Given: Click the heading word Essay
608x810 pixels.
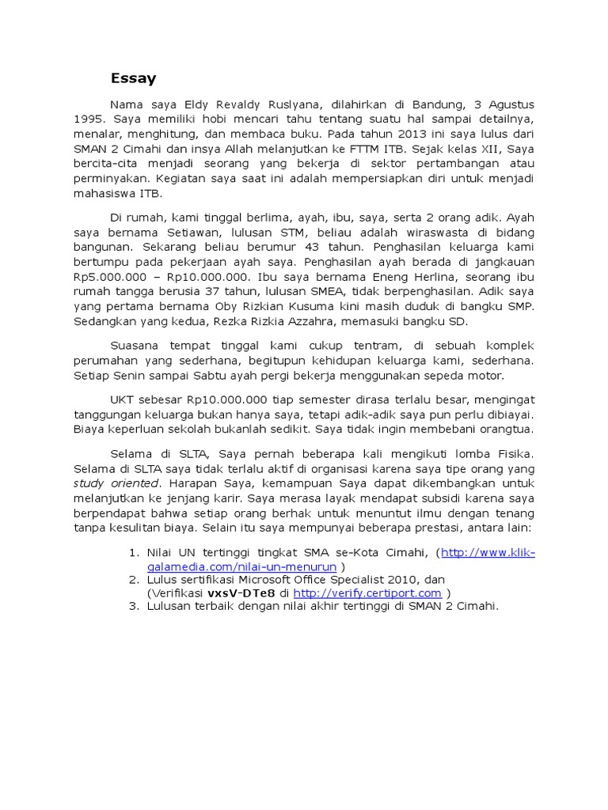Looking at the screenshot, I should [133, 78].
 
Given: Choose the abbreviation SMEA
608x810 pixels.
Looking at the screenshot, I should [282, 293].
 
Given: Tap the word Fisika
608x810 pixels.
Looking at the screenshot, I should [515, 454].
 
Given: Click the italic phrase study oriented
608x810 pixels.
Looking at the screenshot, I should [116, 484].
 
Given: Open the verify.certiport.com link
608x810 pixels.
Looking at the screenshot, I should [367, 593].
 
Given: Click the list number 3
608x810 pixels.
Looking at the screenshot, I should [134, 607].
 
